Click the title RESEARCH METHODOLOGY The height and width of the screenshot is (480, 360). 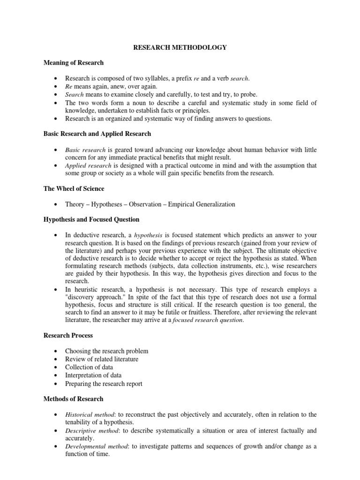180,47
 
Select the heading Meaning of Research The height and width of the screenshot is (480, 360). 74,62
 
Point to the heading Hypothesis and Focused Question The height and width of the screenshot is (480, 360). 91,219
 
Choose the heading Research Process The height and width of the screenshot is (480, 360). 68,336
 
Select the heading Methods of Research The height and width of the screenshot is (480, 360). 73,399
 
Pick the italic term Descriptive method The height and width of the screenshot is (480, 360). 91,430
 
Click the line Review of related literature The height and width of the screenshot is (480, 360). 102,359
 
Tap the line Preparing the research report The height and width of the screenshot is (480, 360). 104,383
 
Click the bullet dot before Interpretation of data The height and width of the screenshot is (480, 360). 56,375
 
